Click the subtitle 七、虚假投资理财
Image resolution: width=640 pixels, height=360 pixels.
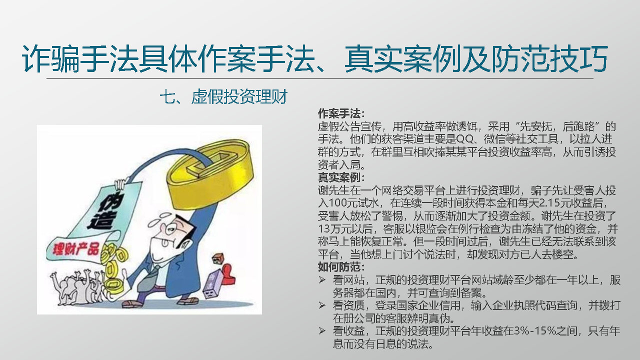click(223, 96)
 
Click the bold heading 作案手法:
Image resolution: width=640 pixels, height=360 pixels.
click(341, 113)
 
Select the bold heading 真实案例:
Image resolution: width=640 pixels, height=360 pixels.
click(341, 177)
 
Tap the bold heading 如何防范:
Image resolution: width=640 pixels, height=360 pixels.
click(341, 267)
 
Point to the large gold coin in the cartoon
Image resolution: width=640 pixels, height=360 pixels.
click(210, 173)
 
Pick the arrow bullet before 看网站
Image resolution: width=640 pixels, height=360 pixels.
click(322, 280)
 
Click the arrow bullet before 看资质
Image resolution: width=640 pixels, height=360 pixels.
click(322, 305)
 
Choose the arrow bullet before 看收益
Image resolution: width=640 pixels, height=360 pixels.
click(322, 331)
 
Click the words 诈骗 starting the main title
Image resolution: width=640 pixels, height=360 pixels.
click(51, 58)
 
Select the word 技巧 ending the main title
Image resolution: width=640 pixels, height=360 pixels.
click(579, 58)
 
